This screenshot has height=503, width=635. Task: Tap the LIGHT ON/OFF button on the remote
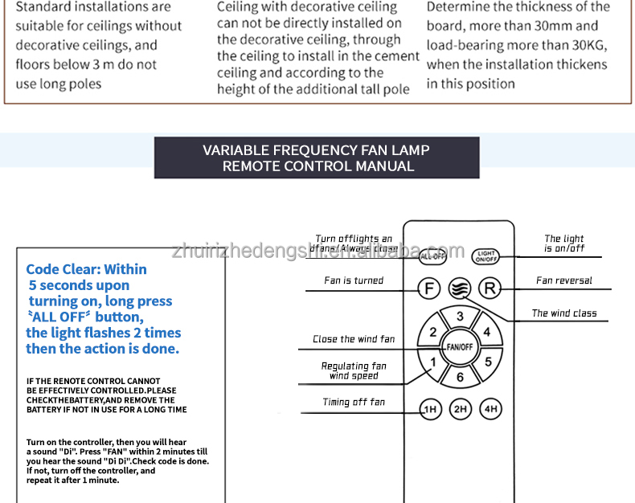pyautogui.click(x=486, y=256)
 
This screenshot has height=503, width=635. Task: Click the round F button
pyautogui.click(x=429, y=288)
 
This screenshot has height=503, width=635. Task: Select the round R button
pyautogui.click(x=490, y=288)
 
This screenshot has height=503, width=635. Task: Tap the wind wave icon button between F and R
pyautogui.click(x=460, y=288)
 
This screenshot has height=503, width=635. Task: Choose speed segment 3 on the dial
pyautogui.click(x=460, y=317)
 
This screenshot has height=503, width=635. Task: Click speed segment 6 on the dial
pyautogui.click(x=460, y=377)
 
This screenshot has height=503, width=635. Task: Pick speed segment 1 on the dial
pyautogui.click(x=432, y=362)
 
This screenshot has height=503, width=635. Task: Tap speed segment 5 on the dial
pyautogui.click(x=487, y=362)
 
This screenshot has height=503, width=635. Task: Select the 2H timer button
pyautogui.click(x=460, y=409)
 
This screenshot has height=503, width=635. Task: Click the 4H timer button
pyautogui.click(x=490, y=409)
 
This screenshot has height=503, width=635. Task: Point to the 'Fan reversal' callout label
pyautogui.click(x=563, y=281)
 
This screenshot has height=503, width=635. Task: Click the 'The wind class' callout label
pyautogui.click(x=563, y=313)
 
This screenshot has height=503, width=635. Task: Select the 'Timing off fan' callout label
pyautogui.click(x=354, y=403)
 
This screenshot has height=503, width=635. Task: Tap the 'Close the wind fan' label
pyautogui.click(x=354, y=339)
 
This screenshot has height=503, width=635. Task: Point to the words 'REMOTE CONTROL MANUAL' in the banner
pyautogui.click(x=318, y=167)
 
